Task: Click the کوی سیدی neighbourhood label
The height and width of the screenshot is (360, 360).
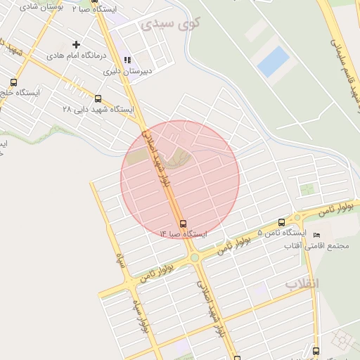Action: coord(170,23)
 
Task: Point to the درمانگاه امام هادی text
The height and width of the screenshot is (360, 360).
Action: coord(75,55)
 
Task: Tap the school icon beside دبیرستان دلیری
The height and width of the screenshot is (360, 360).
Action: coord(127,60)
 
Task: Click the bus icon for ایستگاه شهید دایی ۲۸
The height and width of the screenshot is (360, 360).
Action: coord(98,99)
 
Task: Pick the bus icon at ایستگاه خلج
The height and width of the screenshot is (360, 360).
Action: coord(13,82)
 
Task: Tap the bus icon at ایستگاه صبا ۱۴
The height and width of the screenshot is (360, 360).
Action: coord(184,224)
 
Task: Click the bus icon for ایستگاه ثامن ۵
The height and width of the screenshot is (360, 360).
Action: coord(282,222)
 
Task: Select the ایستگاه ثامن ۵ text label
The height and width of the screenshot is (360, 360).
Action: coord(282,233)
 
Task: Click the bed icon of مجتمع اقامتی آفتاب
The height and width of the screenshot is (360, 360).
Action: coord(316,234)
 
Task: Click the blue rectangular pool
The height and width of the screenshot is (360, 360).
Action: coord(274,62)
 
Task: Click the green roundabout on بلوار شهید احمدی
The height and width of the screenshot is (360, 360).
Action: coord(194,258)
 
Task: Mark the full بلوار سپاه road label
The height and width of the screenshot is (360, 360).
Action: coord(140,310)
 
